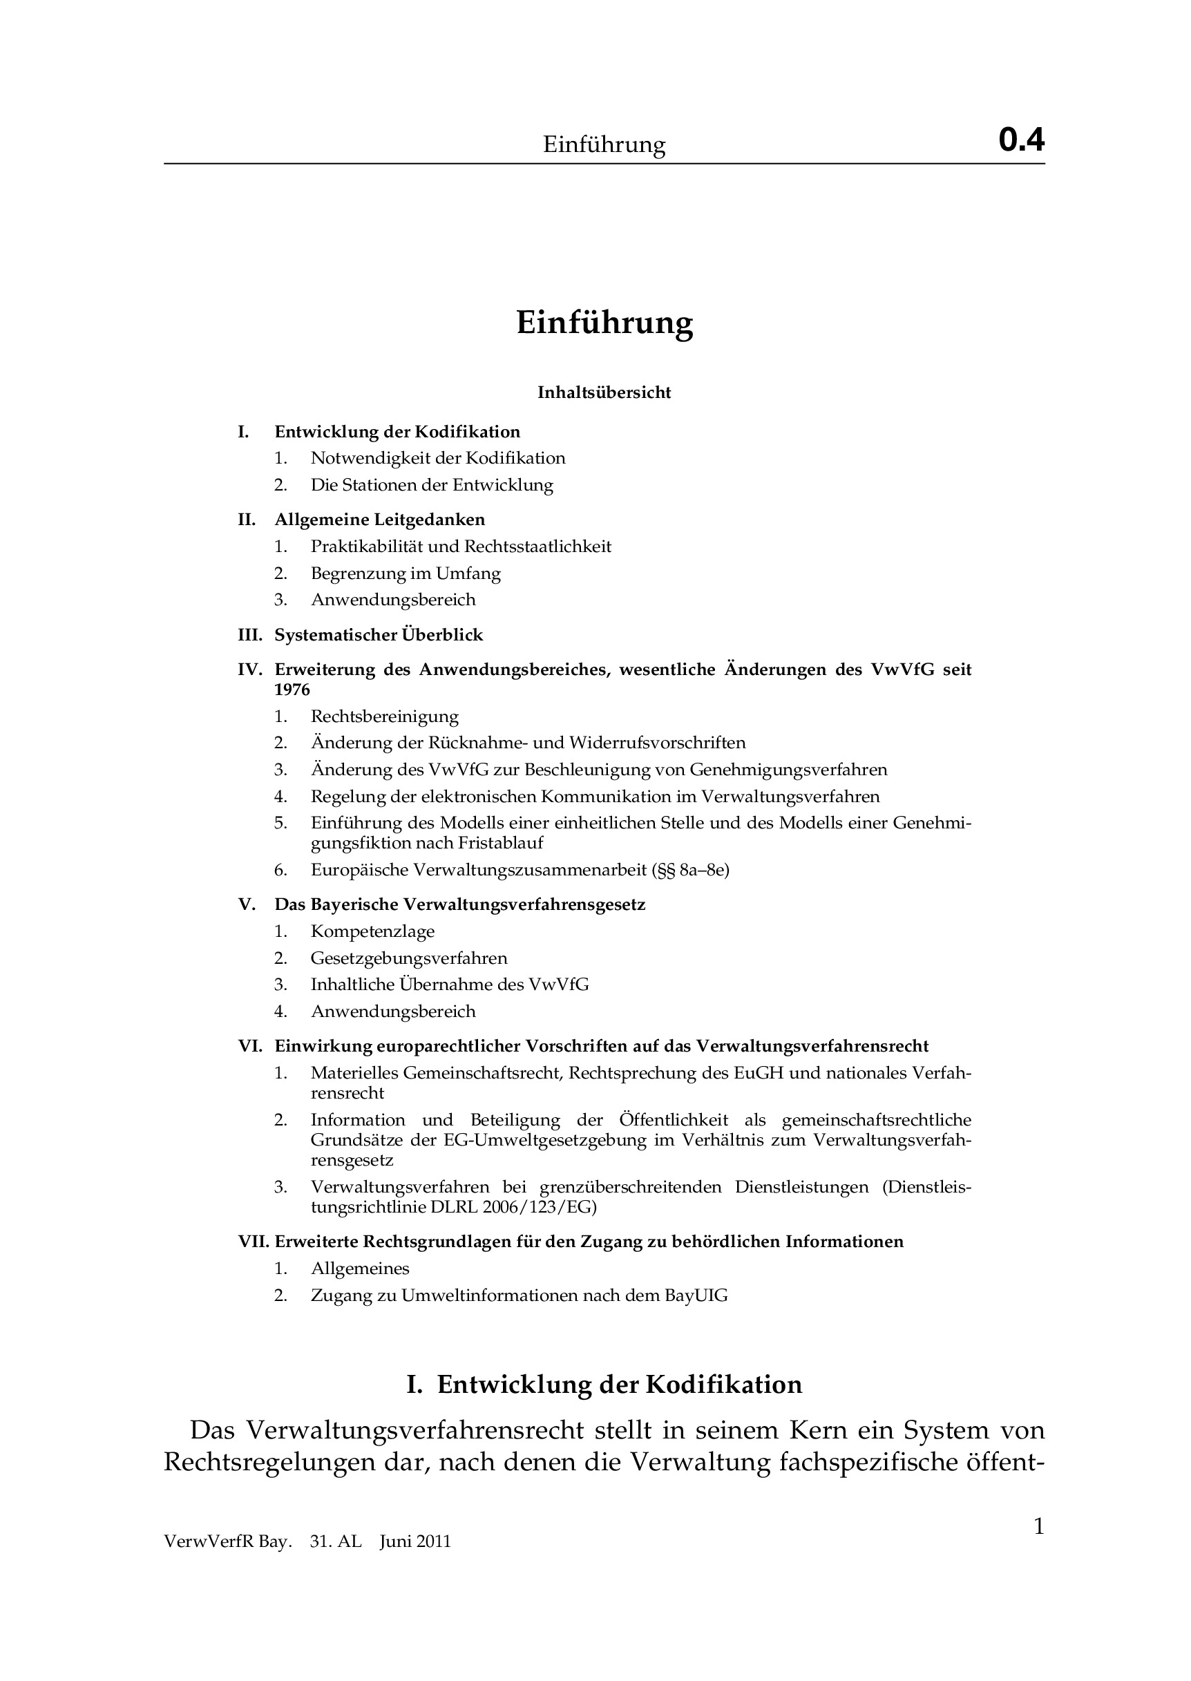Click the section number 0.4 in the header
coord(1021,140)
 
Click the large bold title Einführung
coord(604,323)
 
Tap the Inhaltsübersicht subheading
coord(604,392)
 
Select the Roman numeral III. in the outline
coord(250,635)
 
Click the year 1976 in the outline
coord(293,690)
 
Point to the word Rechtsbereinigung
coord(384,716)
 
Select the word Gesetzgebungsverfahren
coord(408,958)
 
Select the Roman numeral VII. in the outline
coord(254,1242)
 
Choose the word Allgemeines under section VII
coord(360,1269)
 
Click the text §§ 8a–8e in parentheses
coord(690,871)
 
